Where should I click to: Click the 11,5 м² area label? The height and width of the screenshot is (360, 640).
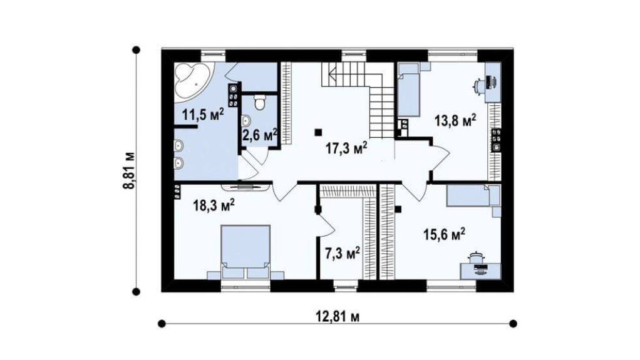click(x=203, y=115)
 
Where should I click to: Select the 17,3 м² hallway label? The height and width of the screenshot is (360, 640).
click(x=346, y=148)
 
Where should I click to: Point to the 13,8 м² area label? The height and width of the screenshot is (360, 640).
click(x=455, y=121)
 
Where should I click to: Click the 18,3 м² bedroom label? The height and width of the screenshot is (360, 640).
click(x=214, y=205)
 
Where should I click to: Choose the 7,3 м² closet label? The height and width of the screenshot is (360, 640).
click(x=343, y=254)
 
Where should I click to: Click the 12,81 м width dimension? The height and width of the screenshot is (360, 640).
click(x=338, y=316)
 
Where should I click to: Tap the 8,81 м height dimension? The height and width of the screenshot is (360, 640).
click(x=129, y=171)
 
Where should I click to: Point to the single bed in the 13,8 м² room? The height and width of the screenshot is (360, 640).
click(x=408, y=90)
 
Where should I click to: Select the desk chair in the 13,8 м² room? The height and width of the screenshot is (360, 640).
click(x=479, y=85)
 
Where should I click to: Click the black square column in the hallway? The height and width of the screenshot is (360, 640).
click(x=318, y=132)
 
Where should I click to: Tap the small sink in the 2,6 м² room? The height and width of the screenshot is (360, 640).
click(x=246, y=120)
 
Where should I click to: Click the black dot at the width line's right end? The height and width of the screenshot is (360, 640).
click(x=514, y=324)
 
